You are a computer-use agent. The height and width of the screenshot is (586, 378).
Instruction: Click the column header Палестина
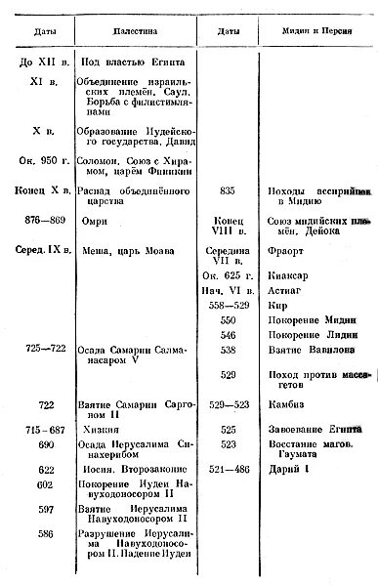click(129, 33)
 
